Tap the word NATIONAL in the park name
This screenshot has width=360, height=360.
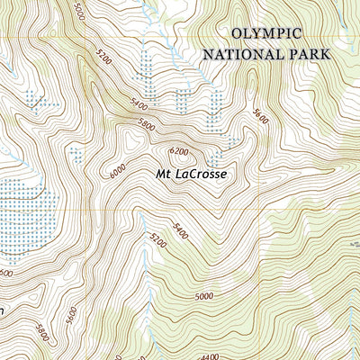click(x=238, y=54)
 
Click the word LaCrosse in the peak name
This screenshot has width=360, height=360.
click(x=197, y=175)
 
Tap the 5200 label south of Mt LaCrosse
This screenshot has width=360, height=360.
click(x=152, y=238)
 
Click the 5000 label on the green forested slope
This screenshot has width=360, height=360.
click(x=204, y=295)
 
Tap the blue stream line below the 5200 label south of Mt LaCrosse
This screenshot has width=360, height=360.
click(x=144, y=270)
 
